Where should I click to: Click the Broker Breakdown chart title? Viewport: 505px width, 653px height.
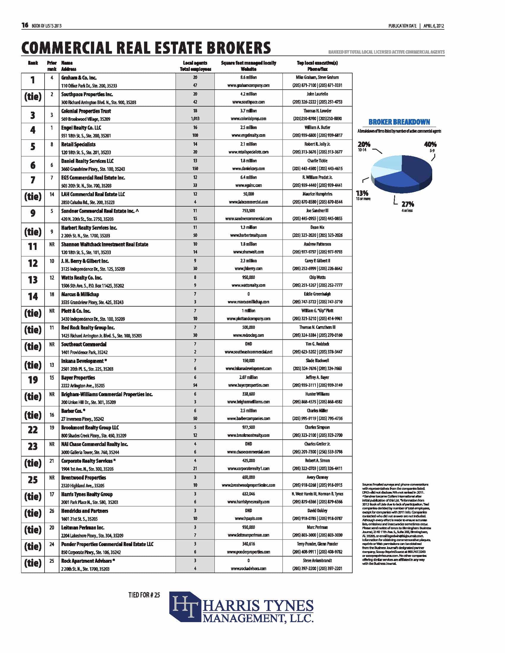[x=399, y=122]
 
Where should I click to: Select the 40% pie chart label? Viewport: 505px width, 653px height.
[x=430, y=145]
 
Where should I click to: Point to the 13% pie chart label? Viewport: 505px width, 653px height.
[x=362, y=193]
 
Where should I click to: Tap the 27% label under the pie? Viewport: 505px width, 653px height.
[x=408, y=204]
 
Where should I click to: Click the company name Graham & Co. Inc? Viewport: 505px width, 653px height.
[x=79, y=78]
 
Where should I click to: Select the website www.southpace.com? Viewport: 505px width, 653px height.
[x=248, y=102]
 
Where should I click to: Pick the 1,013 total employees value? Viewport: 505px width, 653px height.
[x=195, y=119]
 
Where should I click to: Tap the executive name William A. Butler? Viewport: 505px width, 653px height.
[x=317, y=127]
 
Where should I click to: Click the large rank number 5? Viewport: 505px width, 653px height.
[x=33, y=147]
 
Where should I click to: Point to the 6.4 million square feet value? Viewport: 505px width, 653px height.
[x=248, y=177]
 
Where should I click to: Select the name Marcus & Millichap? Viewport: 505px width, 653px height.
[x=80, y=294]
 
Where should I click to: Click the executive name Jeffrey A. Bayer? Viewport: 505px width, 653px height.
[x=317, y=377]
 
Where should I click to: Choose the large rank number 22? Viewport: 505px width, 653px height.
[x=33, y=430]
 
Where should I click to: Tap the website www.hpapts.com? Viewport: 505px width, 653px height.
[x=248, y=519]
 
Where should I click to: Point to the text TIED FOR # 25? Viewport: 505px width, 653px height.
[x=144, y=595]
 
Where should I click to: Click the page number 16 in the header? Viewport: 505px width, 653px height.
[x=25, y=26]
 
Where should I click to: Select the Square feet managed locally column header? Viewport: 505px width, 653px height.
[x=248, y=63]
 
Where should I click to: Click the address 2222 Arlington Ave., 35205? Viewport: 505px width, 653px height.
[x=83, y=386]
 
